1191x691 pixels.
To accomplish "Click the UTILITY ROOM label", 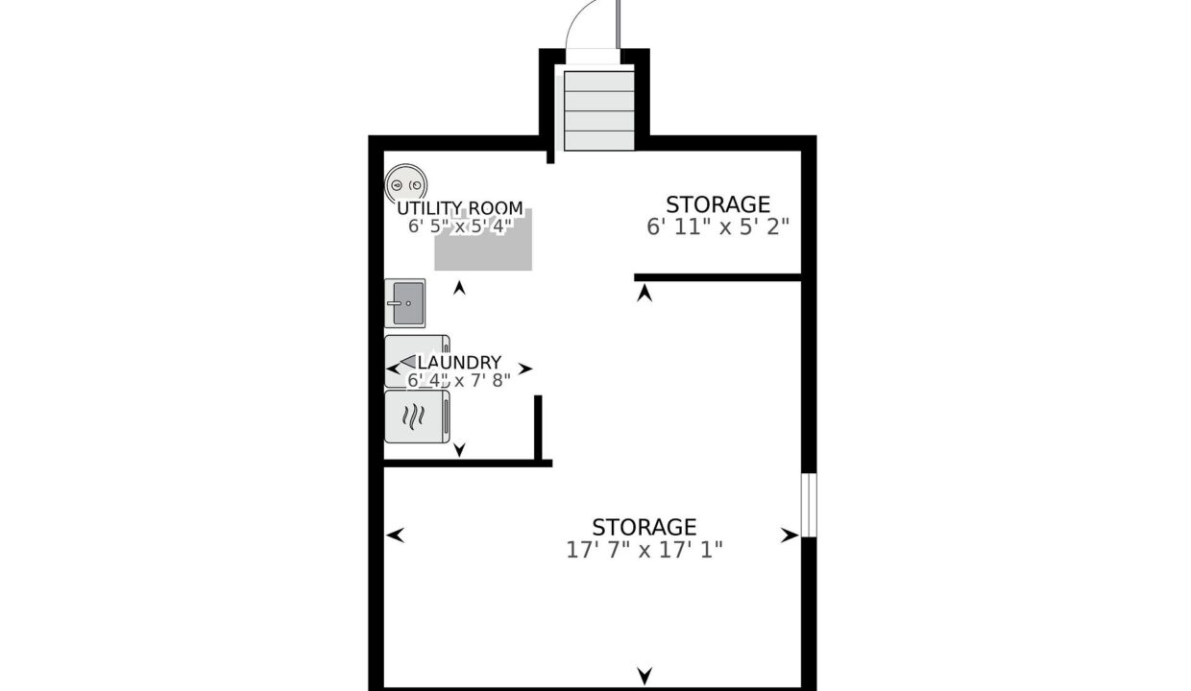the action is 460,207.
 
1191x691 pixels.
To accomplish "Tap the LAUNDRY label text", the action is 459,362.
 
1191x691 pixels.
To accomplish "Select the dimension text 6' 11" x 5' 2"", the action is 717,226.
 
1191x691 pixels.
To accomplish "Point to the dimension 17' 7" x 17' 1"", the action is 644,550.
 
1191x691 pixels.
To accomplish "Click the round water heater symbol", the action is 405,184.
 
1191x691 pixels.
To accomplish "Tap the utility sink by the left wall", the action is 405,303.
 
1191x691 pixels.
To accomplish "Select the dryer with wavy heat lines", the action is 418,417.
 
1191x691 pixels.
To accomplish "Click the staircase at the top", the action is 599,110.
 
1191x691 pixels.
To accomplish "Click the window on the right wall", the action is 809,505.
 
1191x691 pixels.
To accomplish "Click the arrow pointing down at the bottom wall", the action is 644,676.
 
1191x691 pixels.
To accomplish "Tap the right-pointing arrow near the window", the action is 790,536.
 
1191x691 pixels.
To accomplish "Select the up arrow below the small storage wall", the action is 644,293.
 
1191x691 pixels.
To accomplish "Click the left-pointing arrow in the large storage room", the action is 395,536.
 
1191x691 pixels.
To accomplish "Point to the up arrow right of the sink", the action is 459,288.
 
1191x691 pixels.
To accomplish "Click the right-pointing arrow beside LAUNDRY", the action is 524,369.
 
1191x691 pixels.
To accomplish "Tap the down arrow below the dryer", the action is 459,450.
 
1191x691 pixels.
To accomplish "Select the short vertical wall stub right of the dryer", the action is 538,428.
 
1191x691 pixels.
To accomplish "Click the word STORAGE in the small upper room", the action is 717,204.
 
